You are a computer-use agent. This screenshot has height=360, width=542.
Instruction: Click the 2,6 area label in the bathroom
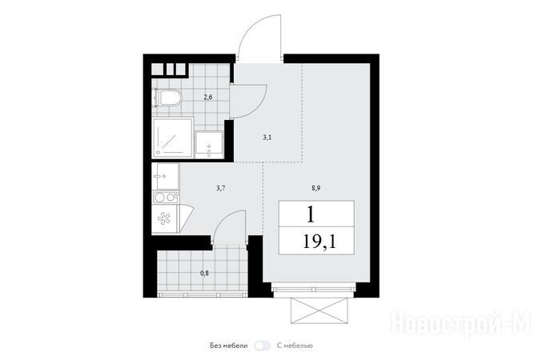207,97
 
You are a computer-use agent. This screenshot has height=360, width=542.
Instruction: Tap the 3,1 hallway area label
267,138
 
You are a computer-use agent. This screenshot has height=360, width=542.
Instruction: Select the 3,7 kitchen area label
221,188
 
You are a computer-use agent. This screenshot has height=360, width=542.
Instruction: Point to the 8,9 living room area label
316,188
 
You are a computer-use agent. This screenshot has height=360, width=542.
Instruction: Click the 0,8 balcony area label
205,273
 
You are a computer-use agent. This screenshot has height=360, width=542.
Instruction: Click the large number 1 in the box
311,214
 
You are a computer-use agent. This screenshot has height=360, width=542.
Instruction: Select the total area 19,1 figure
319,241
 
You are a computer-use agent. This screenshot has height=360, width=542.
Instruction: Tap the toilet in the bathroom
167,98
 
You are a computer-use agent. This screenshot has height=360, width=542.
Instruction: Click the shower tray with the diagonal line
172,138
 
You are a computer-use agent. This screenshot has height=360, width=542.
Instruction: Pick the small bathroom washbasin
209,145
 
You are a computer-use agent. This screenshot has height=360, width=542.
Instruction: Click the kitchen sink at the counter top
165,176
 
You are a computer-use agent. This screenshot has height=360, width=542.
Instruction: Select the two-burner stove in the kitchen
165,198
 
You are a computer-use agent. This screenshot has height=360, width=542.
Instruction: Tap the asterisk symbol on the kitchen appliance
164,219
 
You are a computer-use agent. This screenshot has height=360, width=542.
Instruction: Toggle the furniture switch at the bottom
263,346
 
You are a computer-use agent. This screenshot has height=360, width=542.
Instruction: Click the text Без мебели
229,346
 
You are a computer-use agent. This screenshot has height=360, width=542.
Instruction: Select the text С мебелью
295,346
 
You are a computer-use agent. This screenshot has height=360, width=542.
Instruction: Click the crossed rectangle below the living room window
319,310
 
